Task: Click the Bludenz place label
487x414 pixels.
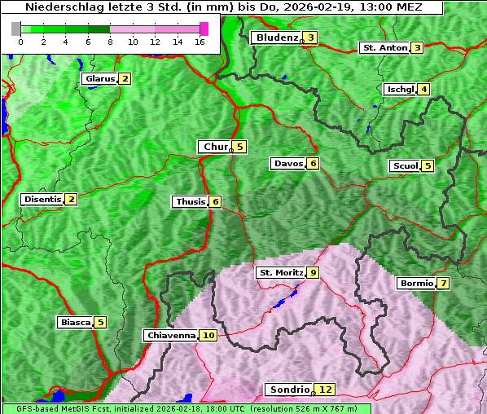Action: (276, 37)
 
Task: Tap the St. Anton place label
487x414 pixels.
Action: (384, 48)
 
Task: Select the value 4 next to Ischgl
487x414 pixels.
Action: (424, 89)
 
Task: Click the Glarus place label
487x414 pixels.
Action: (99, 79)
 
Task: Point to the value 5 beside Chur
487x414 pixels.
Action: (240, 147)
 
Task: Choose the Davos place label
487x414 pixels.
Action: (288, 164)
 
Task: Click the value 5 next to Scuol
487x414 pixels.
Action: (428, 165)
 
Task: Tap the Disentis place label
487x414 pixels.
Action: (42, 199)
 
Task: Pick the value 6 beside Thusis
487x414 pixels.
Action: (215, 201)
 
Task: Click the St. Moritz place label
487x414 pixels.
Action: (280, 272)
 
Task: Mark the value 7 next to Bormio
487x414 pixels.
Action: (443, 284)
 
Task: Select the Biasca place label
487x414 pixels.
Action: (75, 322)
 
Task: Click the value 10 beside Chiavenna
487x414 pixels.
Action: (208, 335)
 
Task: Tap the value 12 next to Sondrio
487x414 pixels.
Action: (326, 390)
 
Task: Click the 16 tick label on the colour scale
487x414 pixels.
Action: (198, 42)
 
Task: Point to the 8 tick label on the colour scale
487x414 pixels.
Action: (109, 42)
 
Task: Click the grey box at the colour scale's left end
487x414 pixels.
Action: (16, 28)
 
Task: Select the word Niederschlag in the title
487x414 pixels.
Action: (58, 7)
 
